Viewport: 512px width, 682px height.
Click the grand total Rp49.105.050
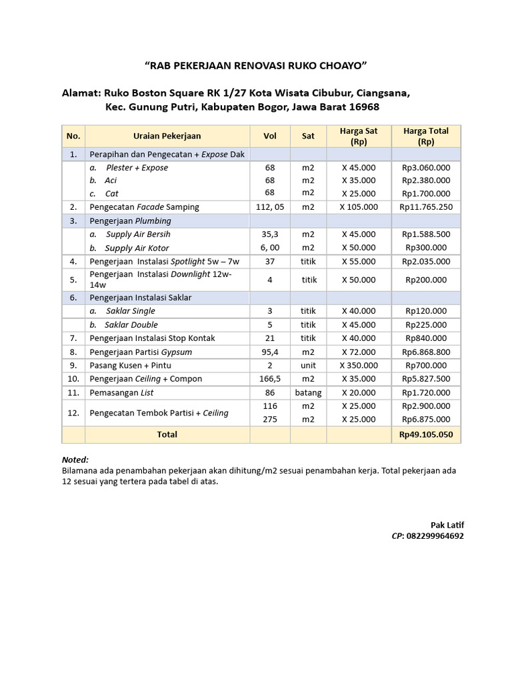(x=426, y=434)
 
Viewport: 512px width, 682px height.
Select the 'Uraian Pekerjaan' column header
(x=167, y=136)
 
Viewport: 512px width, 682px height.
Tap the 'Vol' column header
(x=270, y=136)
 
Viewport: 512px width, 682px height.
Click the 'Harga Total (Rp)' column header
(x=426, y=136)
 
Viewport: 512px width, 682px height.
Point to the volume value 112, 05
(x=270, y=207)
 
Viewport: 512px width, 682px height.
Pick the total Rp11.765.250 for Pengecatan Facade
(x=426, y=207)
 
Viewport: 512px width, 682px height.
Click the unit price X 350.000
(x=359, y=365)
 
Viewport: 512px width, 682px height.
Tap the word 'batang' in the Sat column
(x=308, y=392)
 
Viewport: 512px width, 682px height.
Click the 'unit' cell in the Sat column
(x=308, y=365)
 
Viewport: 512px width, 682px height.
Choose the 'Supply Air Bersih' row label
(x=138, y=234)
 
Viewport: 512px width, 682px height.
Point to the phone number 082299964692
(x=436, y=535)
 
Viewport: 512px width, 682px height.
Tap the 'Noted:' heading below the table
(x=75, y=460)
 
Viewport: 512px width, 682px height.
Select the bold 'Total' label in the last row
(x=167, y=434)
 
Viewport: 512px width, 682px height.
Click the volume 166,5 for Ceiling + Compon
(x=270, y=379)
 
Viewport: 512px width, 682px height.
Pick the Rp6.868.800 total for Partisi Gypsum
(x=426, y=352)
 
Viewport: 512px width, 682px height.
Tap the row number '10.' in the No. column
(x=73, y=379)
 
